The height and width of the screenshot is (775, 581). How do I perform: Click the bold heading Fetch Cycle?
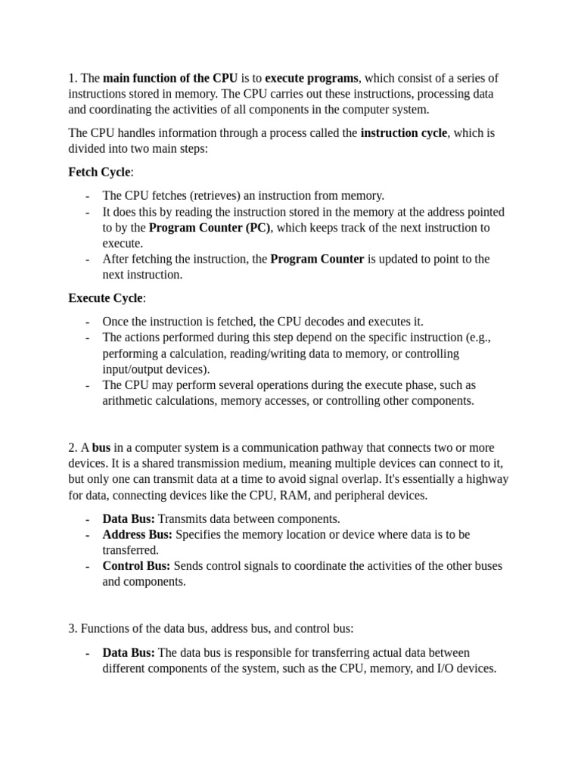click(99, 172)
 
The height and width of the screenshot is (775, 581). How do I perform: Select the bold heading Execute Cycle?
click(105, 297)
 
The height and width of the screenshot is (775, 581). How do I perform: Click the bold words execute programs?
click(312, 78)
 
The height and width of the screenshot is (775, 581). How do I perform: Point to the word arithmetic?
click(128, 400)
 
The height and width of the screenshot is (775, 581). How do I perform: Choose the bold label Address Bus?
click(138, 534)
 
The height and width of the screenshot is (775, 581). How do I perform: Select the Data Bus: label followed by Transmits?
click(129, 518)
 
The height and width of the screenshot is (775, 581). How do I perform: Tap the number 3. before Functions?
click(73, 628)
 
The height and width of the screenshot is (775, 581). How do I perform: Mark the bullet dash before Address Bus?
click(89, 534)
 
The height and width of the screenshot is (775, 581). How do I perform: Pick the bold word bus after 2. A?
click(101, 448)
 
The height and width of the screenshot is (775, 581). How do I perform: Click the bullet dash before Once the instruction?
click(89, 322)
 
